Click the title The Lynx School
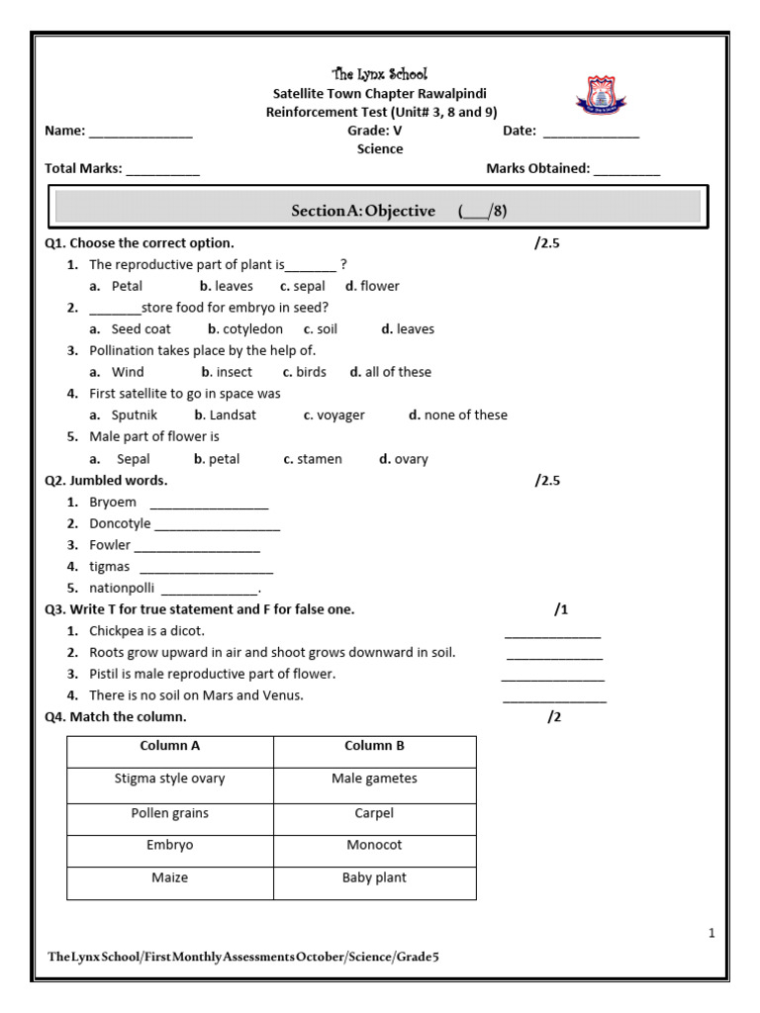(x=380, y=74)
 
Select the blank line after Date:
(x=592, y=132)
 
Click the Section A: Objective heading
(x=363, y=211)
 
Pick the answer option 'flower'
(x=380, y=286)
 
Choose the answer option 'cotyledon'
(x=252, y=329)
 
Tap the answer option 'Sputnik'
(x=135, y=415)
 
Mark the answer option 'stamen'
(x=319, y=459)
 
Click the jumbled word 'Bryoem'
(x=113, y=503)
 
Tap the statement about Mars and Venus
(x=196, y=695)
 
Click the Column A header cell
(x=170, y=747)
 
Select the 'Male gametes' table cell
(x=374, y=780)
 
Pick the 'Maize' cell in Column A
(x=170, y=878)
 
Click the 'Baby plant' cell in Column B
(x=374, y=878)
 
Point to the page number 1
(x=712, y=933)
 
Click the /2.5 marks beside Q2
(x=547, y=481)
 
